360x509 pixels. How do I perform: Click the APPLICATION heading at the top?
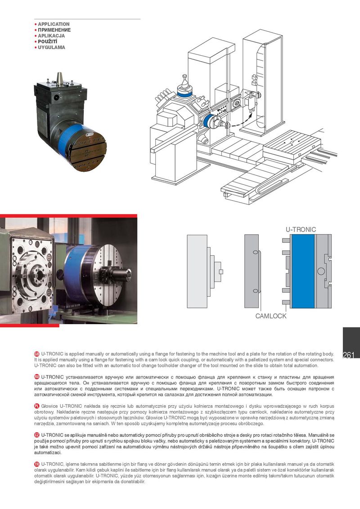click(54, 24)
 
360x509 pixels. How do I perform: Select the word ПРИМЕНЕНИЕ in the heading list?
click(54, 30)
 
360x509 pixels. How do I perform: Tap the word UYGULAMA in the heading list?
click(51, 47)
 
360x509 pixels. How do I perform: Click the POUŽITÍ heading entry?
click(47, 41)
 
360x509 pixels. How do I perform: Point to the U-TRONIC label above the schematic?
click(301, 229)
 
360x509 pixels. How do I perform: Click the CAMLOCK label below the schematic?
click(270, 316)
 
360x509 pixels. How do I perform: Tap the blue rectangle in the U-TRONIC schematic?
click(303, 271)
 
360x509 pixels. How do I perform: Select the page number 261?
click(348, 355)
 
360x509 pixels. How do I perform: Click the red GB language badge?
click(37, 354)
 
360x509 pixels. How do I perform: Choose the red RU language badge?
click(37, 377)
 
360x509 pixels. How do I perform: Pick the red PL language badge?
click(37, 406)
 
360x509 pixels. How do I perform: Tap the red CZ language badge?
click(37, 435)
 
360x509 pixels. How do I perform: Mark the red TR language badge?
click(37, 464)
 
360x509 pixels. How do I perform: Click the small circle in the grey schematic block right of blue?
click(321, 271)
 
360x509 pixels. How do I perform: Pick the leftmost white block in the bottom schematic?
click(197, 272)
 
